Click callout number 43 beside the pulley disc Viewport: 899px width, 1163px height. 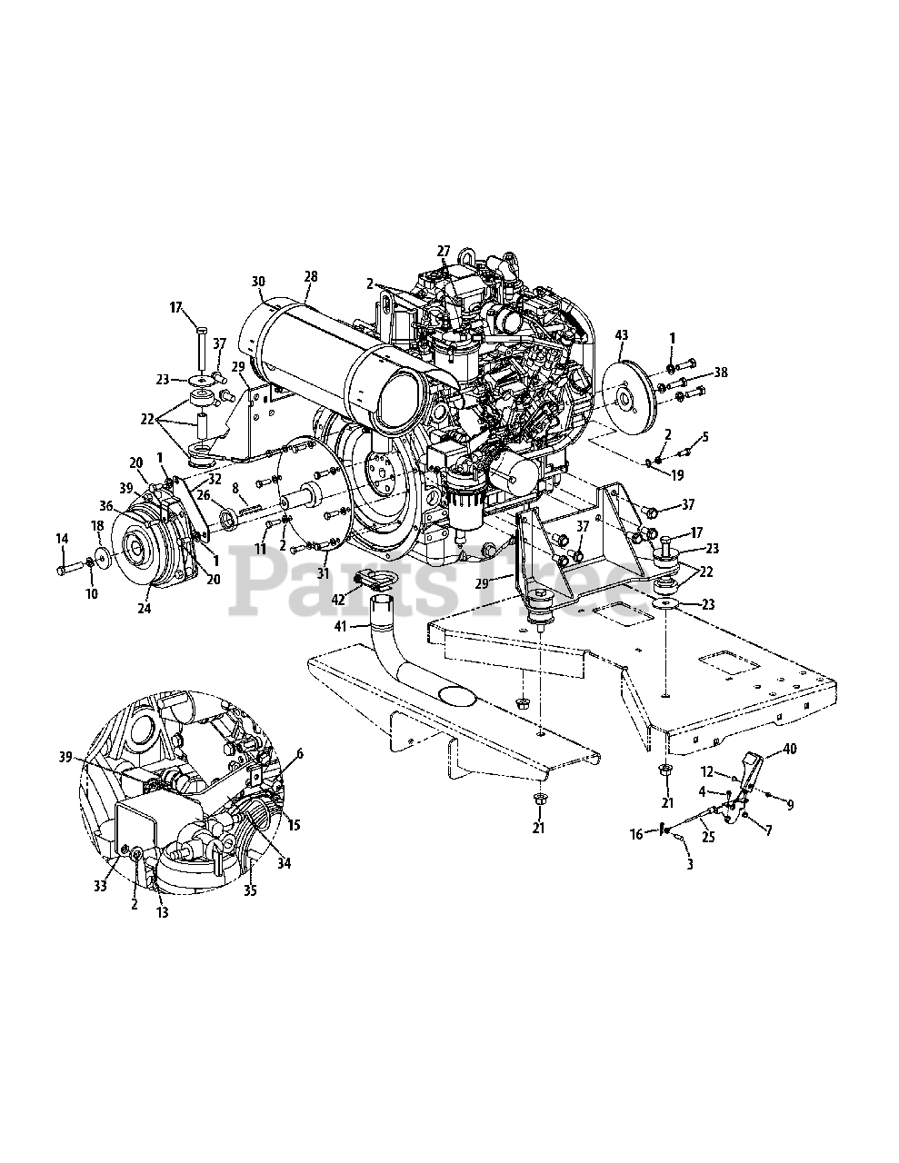click(621, 335)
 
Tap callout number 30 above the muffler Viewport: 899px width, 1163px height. click(259, 281)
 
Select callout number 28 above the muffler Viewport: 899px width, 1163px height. click(311, 276)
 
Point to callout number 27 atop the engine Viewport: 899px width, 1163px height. click(444, 251)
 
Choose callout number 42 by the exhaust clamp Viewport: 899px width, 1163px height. click(338, 600)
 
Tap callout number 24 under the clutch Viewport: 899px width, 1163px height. click(145, 608)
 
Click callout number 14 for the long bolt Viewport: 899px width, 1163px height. click(62, 539)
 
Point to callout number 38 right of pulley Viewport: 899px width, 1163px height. click(721, 372)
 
